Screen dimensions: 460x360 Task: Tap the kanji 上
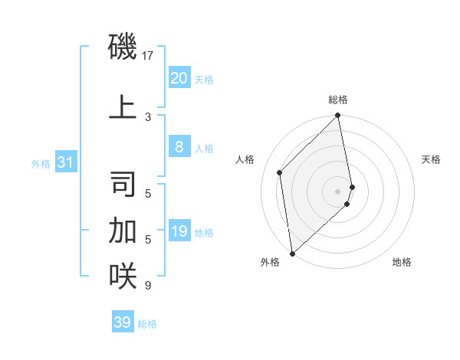123,106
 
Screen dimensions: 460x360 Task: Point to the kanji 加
123,229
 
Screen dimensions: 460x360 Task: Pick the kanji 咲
123,275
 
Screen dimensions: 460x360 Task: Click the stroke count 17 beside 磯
148,56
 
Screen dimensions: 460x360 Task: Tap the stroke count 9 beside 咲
148,286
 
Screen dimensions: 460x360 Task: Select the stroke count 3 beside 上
148,116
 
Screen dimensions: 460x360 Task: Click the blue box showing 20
179,77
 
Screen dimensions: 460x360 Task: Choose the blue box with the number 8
179,147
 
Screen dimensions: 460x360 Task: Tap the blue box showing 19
179,231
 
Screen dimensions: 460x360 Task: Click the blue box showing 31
65,162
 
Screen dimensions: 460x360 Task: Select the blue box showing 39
123,322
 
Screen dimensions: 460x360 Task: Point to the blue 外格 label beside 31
41,163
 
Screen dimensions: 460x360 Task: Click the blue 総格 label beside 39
147,324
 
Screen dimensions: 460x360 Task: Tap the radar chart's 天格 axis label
432,159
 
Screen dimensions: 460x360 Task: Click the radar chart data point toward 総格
338,116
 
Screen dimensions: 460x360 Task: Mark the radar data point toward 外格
292,253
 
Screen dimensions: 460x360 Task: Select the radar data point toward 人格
280,172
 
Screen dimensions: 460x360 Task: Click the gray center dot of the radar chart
338,191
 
